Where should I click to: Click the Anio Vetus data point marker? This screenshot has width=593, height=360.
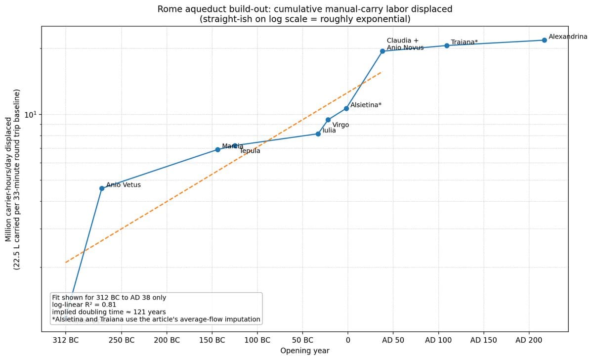point(102,188)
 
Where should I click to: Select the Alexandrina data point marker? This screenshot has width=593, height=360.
point(544,40)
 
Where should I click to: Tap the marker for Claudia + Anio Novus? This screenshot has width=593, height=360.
point(382,51)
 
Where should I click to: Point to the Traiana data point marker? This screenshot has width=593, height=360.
point(447,45)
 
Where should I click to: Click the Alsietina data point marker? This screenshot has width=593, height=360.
point(346,108)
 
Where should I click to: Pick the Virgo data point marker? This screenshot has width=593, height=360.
point(328,120)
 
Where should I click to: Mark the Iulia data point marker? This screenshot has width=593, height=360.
point(318,134)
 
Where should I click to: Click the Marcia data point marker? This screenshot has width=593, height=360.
point(218,149)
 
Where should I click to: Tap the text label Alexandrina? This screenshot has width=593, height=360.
point(568,37)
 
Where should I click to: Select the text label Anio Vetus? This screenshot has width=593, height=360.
point(124,185)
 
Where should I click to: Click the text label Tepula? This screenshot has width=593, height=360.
point(250,151)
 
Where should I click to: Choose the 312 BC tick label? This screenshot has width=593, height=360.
point(65,340)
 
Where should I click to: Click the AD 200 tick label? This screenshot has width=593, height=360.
point(529,340)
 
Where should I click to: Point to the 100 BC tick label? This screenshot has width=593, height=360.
point(257,340)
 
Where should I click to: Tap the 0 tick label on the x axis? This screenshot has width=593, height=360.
point(348,340)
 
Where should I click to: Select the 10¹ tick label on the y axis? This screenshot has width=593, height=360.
point(31,115)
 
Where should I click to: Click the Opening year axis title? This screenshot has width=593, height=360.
point(304,351)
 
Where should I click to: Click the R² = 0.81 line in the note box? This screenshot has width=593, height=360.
point(84,305)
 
